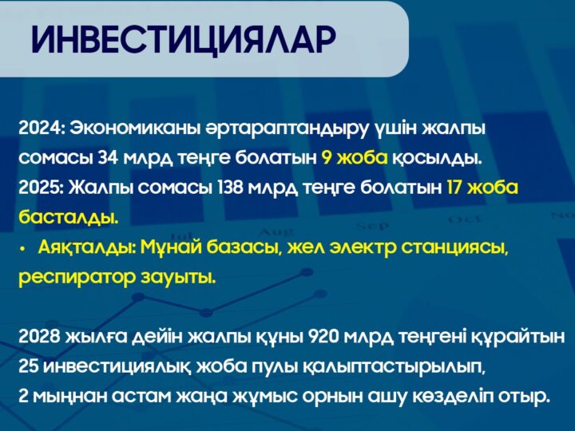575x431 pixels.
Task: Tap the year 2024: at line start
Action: click(41, 128)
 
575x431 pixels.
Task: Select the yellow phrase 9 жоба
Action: click(355, 157)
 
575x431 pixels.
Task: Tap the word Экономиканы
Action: click(128, 128)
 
